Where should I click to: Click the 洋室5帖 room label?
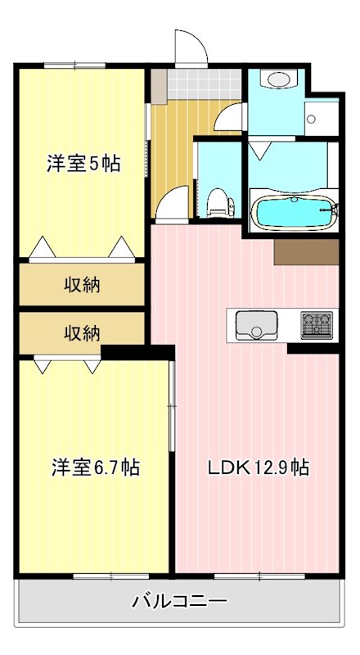pyautogui.click(x=83, y=164)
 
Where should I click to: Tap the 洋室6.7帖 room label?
pyautogui.click(x=96, y=468)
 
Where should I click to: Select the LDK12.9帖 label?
pyautogui.click(x=257, y=468)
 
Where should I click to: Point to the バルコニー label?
pyautogui.click(x=179, y=603)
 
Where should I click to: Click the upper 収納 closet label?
pyautogui.click(x=83, y=285)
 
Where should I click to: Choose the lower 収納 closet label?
pyautogui.click(x=83, y=333)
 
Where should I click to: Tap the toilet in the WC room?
pyautogui.click(x=218, y=201)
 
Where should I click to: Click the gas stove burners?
pyautogui.click(x=315, y=325)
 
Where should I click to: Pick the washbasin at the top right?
pyautogui.click(x=277, y=80)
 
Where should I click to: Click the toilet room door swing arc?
pyautogui.click(x=173, y=203)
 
